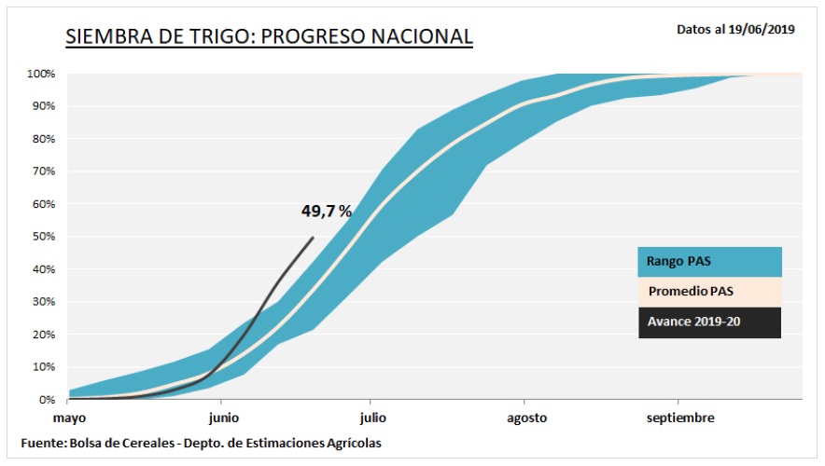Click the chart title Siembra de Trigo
269,37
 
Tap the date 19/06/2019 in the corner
762,29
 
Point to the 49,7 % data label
326,212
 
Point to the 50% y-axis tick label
43,237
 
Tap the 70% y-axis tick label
43,171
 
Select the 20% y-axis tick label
43,335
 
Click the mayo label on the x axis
69,418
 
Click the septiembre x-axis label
681,418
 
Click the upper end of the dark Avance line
313,238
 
